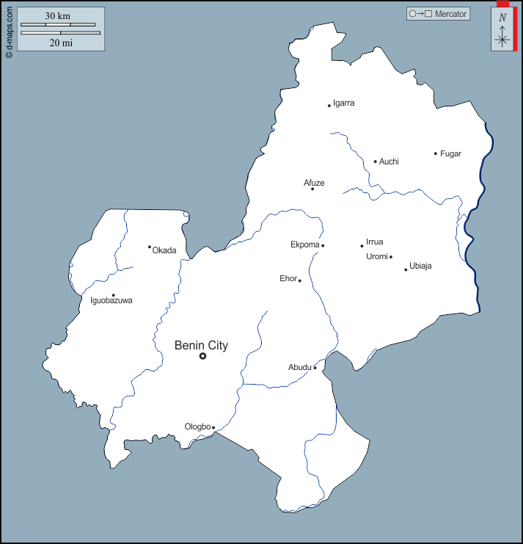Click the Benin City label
point(201,345)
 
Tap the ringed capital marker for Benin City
point(203,356)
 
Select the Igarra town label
point(344,104)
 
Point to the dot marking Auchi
point(376,162)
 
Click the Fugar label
point(450,153)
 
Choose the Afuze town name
point(314,183)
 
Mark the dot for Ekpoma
point(323,245)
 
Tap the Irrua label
point(375,242)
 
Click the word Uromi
point(376,256)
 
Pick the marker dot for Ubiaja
point(406,269)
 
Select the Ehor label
point(288,278)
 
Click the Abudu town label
point(300,367)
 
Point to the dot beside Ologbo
point(213,427)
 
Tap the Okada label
point(164,250)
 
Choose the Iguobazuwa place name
point(111,300)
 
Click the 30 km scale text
point(57,15)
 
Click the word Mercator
point(450,14)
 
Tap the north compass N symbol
point(502,18)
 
